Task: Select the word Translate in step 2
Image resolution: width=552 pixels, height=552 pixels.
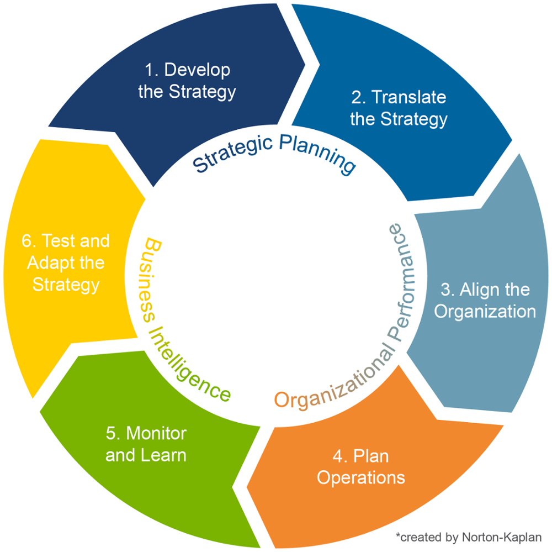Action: [408, 97]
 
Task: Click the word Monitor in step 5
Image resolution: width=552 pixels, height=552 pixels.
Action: [156, 433]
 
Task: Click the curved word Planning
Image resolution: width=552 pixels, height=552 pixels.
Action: [317, 154]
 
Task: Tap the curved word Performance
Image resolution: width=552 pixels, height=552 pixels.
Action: [401, 282]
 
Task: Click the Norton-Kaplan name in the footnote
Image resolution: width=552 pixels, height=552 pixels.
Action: [502, 537]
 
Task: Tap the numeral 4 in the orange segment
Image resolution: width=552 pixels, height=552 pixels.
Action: [337, 456]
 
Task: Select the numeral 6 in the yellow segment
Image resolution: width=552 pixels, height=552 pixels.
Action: [26, 241]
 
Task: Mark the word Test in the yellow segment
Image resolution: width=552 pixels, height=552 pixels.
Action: [58, 241]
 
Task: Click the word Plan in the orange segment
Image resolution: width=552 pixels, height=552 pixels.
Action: [371, 456]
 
